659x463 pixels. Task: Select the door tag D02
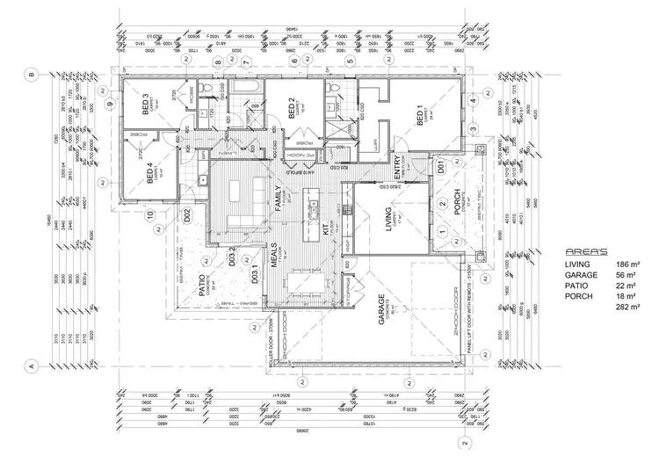click(x=187, y=213)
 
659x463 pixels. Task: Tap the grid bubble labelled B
click(x=31, y=76)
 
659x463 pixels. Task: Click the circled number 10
click(x=150, y=213)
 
